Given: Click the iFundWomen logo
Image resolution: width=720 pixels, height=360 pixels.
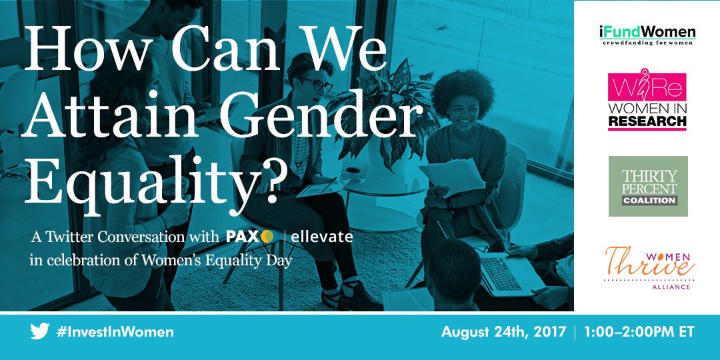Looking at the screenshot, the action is coord(647,35).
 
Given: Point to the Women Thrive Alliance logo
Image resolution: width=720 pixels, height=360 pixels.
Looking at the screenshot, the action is coord(649,268).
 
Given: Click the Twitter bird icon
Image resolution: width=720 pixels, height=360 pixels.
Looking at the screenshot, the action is coord(39,331).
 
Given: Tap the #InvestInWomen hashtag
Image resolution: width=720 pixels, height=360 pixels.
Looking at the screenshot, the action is coord(115,332).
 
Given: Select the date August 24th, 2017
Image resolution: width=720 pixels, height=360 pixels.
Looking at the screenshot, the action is coord(503,332).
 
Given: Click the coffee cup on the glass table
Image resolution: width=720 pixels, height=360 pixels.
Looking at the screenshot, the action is coord(352,173).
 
